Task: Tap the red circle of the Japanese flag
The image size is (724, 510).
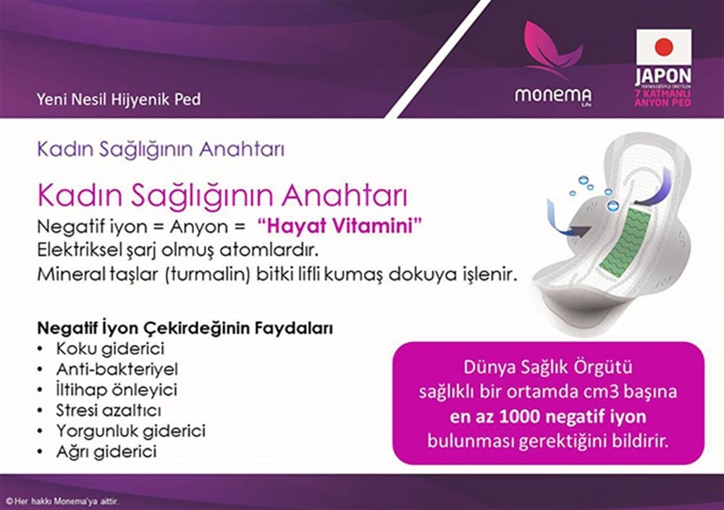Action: [x=663, y=48]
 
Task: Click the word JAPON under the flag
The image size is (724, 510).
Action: [x=663, y=75]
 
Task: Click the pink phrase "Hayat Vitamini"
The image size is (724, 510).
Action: [x=340, y=225]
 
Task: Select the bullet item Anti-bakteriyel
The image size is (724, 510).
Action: [x=117, y=369]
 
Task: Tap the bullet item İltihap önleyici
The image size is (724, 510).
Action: [x=117, y=389]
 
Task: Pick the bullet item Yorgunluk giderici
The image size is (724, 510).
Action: [x=130, y=430]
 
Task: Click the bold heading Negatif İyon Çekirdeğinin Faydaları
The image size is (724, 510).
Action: [x=185, y=328]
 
